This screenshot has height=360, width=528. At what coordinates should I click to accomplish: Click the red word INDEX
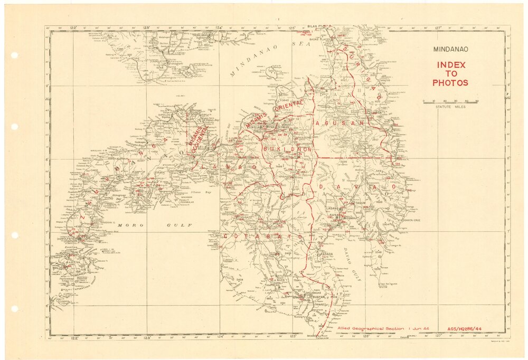click(450, 65)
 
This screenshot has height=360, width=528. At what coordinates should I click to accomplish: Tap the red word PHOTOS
click(450, 83)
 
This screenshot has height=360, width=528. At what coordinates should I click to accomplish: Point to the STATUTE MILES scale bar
click(450, 102)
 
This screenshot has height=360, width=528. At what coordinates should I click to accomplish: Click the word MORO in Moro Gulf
click(127, 225)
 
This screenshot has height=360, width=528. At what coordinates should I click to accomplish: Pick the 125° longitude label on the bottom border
click(292, 337)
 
